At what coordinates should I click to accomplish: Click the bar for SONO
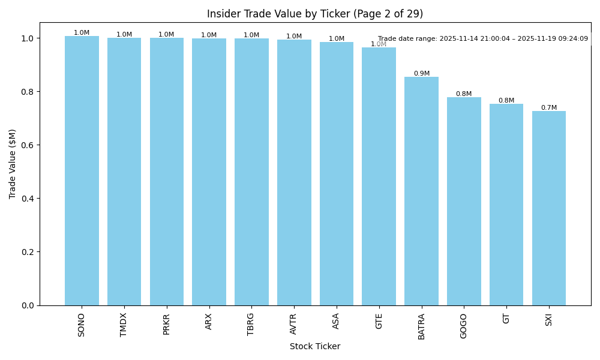coord(82,171)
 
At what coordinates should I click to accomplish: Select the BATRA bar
coord(421,191)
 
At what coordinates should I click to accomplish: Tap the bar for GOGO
coord(464,201)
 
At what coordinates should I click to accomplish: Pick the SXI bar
coord(549,208)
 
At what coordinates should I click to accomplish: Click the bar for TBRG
coord(251,172)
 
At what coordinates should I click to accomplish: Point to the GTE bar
coord(379,176)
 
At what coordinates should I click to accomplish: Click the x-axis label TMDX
coord(124,324)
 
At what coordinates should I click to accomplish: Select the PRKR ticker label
coord(167,323)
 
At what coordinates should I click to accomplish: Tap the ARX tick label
coord(209,321)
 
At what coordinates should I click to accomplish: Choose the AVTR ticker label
coord(294,323)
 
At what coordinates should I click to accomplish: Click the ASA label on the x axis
coord(336,320)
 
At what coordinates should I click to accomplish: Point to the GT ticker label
coord(506,319)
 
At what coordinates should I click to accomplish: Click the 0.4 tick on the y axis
coord(26,199)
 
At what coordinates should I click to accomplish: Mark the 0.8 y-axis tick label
coord(26,92)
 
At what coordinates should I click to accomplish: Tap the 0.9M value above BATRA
coord(421,74)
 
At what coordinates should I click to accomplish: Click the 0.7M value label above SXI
coord(549,108)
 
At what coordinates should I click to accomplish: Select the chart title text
coord(315,14)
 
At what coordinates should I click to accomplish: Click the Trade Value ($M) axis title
coord(13,164)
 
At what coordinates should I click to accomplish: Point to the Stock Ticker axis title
coord(315,346)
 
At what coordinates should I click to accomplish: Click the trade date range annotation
coord(483,39)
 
